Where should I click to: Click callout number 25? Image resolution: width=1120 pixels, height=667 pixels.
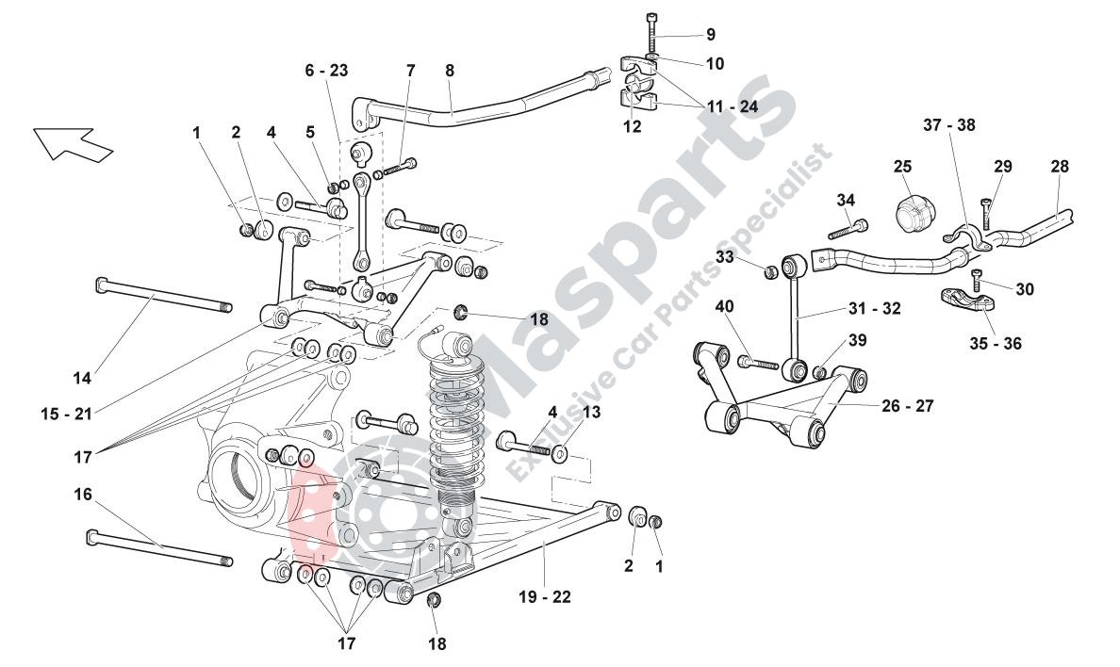(903, 167)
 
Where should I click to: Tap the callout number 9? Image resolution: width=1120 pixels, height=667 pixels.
(710, 35)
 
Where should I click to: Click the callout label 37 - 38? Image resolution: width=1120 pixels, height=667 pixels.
(949, 124)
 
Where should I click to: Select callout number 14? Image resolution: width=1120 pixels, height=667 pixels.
(83, 379)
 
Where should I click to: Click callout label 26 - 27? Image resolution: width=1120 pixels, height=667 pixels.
(908, 407)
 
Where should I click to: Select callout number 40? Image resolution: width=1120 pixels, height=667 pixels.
(725, 306)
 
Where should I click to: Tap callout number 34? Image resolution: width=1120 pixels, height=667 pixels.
(846, 200)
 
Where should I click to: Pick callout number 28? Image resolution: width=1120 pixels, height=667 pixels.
(1061, 167)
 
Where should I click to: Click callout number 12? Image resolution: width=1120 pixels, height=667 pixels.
(632, 126)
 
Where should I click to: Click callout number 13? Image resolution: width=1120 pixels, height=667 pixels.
(591, 412)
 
